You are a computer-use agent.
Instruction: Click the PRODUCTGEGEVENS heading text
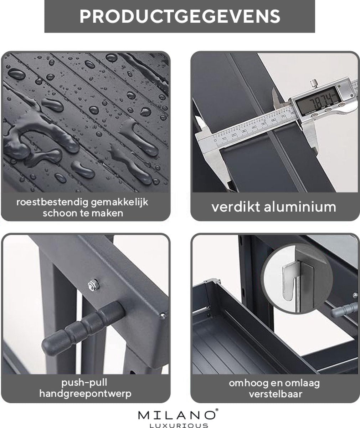(180, 16)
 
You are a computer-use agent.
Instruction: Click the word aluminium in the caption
(300, 207)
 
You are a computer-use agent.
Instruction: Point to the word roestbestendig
(52, 202)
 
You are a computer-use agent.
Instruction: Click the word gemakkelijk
(119, 203)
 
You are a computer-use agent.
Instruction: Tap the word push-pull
(84, 383)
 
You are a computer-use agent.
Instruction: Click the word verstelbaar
(276, 394)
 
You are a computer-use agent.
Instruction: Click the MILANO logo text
(176, 415)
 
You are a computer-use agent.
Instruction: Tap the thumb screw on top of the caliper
(314, 83)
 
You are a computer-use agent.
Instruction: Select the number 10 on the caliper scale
(224, 139)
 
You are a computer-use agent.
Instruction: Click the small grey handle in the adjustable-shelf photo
(344, 310)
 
